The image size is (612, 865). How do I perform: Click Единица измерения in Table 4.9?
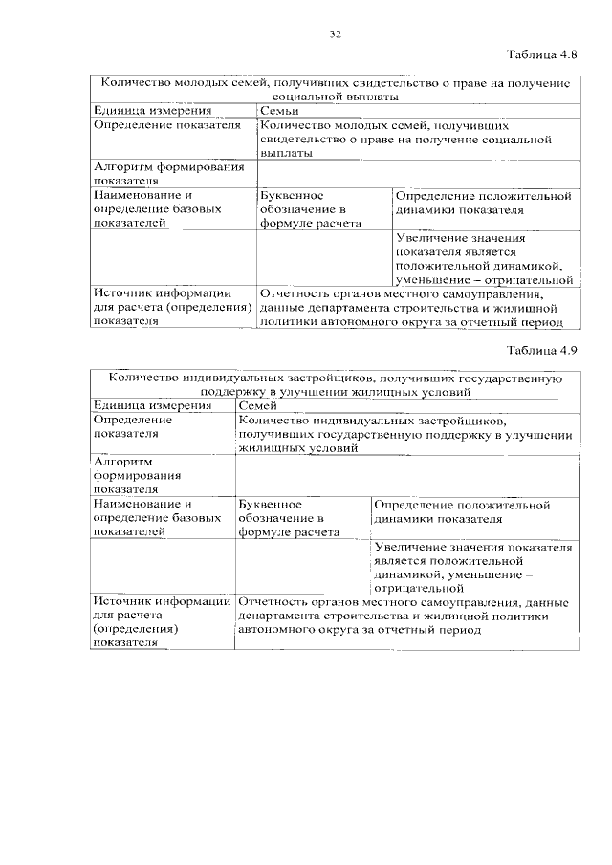[x=139, y=405]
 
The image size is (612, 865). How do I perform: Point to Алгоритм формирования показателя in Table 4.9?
[x=123, y=475]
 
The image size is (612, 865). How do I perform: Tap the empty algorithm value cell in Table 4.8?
[x=417, y=172]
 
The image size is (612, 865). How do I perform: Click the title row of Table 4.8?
[x=335, y=91]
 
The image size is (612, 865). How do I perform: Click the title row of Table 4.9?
[x=335, y=385]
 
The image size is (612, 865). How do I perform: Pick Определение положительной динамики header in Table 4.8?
[x=484, y=203]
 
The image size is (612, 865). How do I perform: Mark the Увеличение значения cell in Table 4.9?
[x=473, y=568]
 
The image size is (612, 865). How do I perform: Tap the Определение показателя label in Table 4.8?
[x=166, y=125]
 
